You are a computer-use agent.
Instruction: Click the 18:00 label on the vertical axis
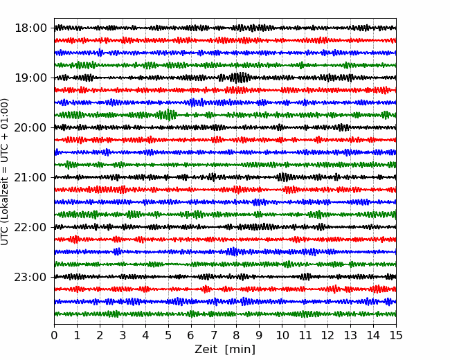(x=30, y=28)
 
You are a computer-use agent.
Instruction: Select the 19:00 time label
(x=30, y=78)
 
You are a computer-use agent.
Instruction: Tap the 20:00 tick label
(x=30, y=127)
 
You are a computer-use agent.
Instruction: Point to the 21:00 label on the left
(x=30, y=177)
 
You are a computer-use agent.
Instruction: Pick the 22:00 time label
(x=30, y=227)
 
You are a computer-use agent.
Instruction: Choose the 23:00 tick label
(x=30, y=277)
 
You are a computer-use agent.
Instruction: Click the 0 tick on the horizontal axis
(x=54, y=335)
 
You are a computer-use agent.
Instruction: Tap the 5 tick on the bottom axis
(x=168, y=335)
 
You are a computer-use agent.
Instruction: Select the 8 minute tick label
(x=237, y=335)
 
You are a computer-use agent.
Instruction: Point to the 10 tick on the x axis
(x=282, y=335)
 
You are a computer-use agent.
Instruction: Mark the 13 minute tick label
(x=350, y=335)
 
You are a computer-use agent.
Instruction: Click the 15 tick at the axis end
(x=396, y=335)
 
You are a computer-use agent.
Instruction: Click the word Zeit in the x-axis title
(x=206, y=349)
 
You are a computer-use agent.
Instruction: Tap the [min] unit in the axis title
(x=240, y=350)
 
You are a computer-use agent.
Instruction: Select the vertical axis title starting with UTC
(x=5, y=172)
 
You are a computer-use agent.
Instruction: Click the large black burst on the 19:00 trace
(x=239, y=78)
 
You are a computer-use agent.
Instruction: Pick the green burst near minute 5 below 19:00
(x=168, y=115)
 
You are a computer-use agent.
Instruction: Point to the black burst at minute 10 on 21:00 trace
(x=283, y=177)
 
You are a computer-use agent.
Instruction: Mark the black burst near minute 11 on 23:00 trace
(x=306, y=276)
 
